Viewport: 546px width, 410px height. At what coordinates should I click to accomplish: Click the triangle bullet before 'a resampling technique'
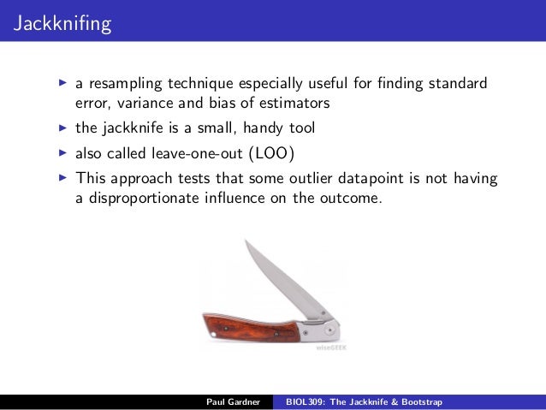click(62, 84)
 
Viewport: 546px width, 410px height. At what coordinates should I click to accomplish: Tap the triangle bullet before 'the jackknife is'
click(62, 128)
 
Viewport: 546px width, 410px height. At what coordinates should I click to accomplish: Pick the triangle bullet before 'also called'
click(62, 154)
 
